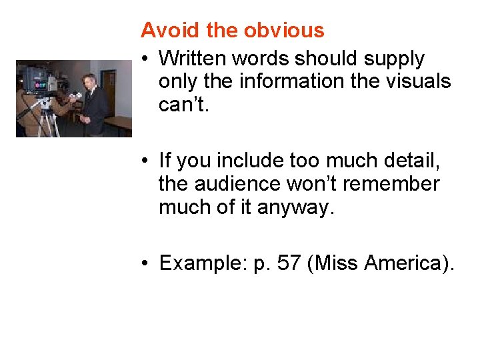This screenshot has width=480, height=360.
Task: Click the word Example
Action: (x=203, y=263)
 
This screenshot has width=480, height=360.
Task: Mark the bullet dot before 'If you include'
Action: (x=144, y=161)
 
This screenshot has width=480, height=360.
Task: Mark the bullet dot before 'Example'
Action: (x=144, y=264)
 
